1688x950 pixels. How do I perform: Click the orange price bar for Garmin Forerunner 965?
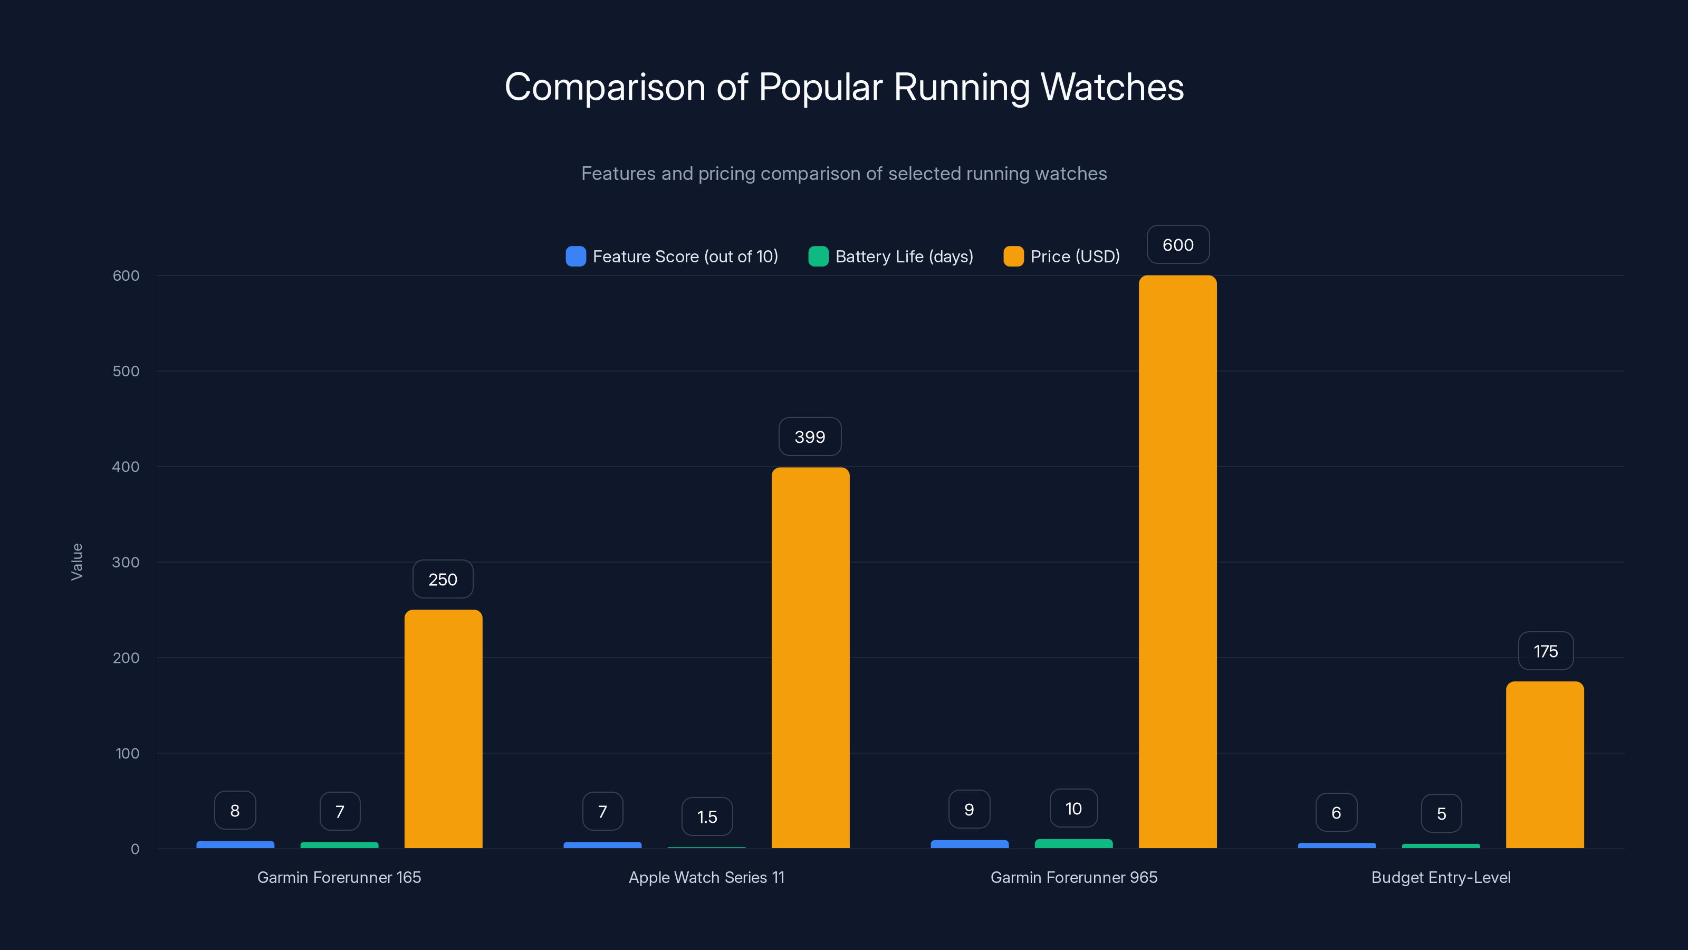pyautogui.click(x=1177, y=562)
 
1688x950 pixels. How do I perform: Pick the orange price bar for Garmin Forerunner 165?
pyautogui.click(x=443, y=729)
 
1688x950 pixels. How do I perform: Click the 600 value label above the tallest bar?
pyautogui.click(x=1177, y=244)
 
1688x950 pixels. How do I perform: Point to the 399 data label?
pyautogui.click(x=809, y=436)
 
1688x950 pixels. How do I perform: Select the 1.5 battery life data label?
pyautogui.click(x=706, y=817)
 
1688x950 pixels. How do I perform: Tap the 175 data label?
pyautogui.click(x=1545, y=651)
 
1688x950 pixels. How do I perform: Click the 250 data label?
pyautogui.click(x=443, y=579)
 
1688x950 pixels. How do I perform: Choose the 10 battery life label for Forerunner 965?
pyautogui.click(x=1073, y=809)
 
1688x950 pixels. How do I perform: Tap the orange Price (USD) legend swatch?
pyautogui.click(x=1013, y=256)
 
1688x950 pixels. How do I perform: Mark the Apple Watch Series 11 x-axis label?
pyautogui.click(x=706, y=877)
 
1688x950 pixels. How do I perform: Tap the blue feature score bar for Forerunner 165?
pyautogui.click(x=235, y=844)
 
